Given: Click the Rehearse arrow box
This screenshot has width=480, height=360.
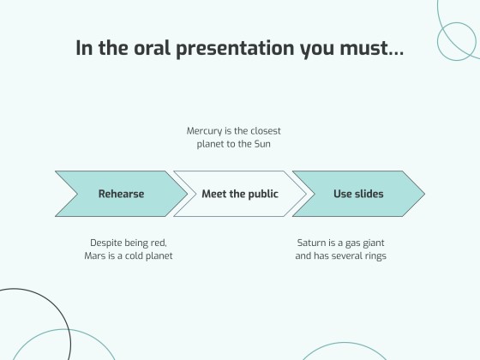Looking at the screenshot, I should click(x=121, y=194).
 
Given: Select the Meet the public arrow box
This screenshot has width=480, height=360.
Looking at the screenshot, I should click(x=239, y=194).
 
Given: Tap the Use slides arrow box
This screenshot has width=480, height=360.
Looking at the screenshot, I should click(x=358, y=194).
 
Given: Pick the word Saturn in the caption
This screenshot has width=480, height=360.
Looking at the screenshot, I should click(x=312, y=243).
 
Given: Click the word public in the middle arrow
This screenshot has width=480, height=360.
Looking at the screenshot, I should click(x=261, y=194).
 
